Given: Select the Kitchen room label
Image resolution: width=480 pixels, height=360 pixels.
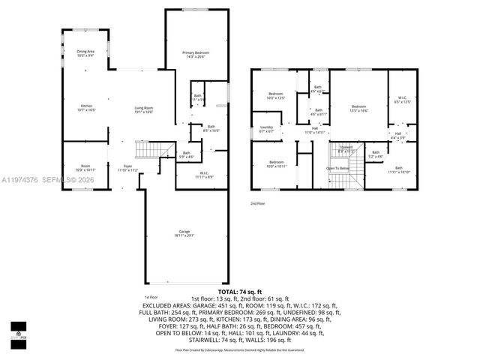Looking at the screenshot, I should (x=85, y=108).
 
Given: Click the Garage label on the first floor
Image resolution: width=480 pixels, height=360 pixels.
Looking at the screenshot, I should (x=184, y=233).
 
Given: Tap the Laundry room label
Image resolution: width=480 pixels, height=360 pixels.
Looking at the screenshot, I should (x=266, y=129).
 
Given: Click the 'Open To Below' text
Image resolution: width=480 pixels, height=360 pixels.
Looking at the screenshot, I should (x=337, y=169).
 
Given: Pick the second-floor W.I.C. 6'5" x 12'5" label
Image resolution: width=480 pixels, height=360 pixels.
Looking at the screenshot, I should (x=397, y=100).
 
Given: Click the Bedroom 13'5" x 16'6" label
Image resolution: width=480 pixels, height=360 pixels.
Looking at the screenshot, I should (x=358, y=109).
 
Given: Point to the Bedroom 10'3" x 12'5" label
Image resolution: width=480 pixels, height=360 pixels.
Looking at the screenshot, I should (x=277, y=96).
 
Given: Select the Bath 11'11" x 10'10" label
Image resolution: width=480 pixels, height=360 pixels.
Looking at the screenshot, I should (x=398, y=169).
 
